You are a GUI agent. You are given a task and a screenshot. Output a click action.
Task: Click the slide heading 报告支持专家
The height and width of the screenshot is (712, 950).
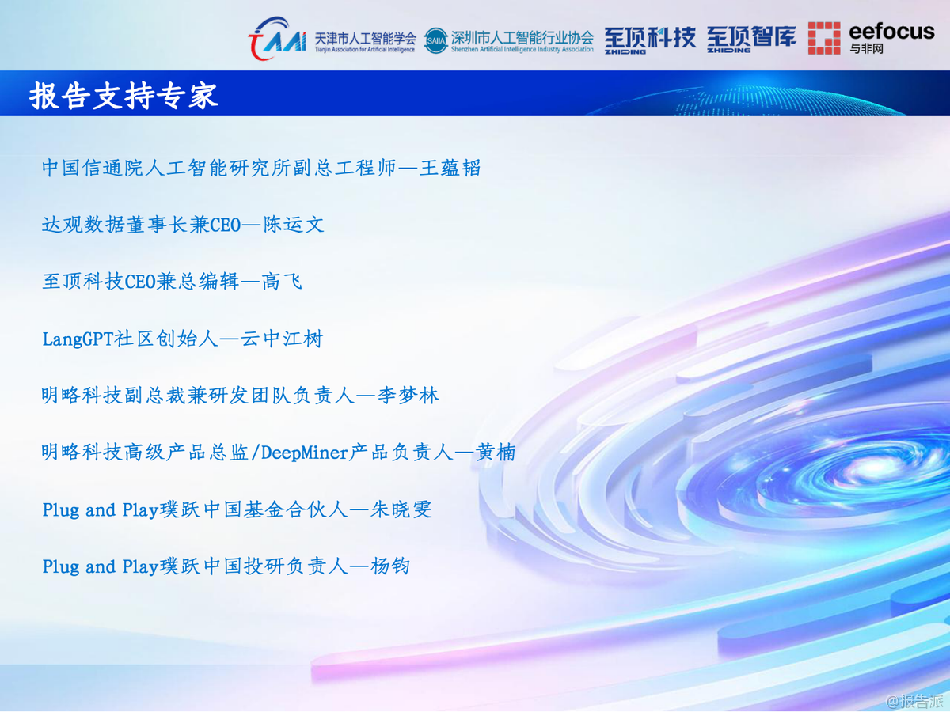coord(123,96)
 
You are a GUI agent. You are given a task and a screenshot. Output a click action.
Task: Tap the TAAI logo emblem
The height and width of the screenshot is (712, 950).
coord(276,38)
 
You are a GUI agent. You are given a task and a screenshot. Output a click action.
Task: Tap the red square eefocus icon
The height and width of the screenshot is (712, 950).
coord(824,38)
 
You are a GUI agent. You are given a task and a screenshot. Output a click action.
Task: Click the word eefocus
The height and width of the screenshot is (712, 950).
coord(891,32)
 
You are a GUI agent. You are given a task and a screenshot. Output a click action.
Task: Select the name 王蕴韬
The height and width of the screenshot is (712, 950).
coord(450,168)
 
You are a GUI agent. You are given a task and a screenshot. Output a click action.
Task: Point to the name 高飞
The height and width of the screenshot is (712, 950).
coord(282,282)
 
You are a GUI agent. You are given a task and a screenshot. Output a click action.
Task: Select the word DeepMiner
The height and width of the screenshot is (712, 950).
coord(305,453)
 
